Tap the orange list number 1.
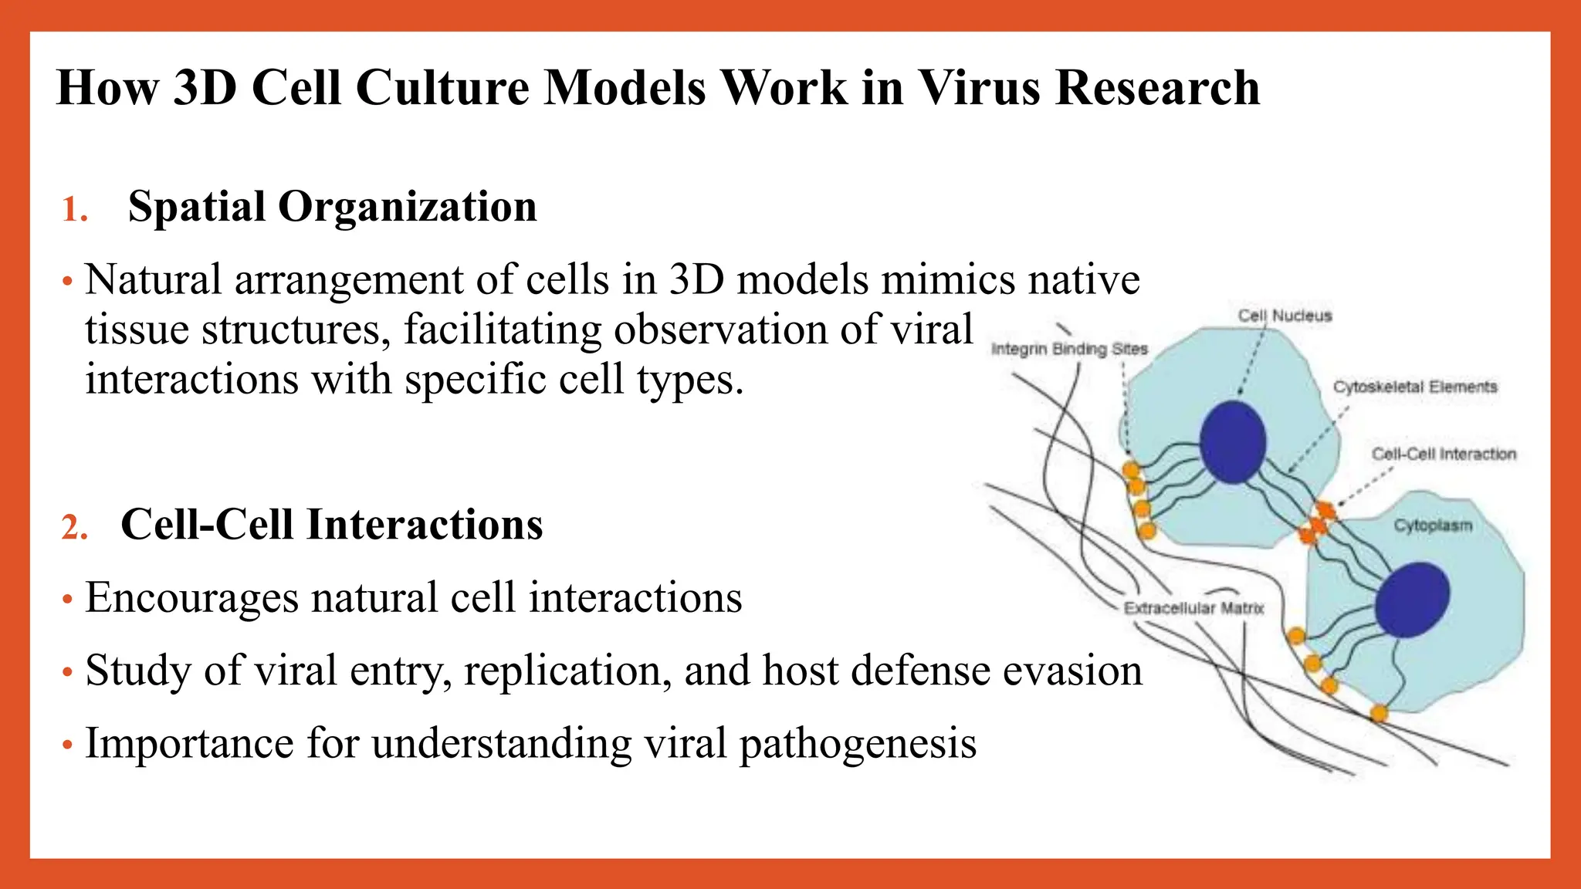[74, 210]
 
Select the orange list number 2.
[74, 528]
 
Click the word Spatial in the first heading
[196, 207]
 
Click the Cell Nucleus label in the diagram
[1285, 316]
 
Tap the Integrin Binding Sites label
[1069, 349]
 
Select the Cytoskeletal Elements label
[1415, 387]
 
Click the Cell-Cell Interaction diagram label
[1444, 454]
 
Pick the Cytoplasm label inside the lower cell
[1433, 526]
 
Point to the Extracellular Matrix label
[1193, 608]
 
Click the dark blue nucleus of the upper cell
[1233, 442]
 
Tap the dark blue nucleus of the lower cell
[1412, 600]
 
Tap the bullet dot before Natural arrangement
[68, 282]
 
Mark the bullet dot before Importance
[68, 745]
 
